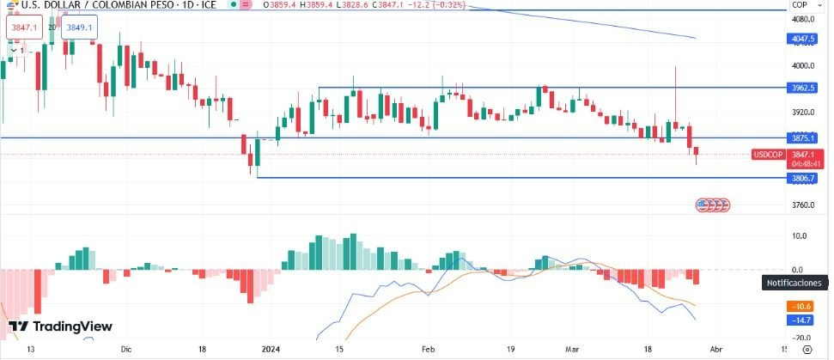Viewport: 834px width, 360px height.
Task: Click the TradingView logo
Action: (60, 326)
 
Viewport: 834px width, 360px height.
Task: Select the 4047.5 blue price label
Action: (804, 40)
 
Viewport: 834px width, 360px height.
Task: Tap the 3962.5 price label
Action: (804, 88)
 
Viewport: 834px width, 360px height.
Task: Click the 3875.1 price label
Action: (804, 137)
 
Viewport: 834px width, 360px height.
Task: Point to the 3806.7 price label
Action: (804, 178)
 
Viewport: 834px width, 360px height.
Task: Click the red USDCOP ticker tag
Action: (767, 155)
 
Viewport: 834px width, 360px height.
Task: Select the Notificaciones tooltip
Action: (793, 283)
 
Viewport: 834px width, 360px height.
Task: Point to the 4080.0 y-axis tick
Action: (802, 19)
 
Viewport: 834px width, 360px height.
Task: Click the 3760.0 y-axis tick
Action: (802, 205)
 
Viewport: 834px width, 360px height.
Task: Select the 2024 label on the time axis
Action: (271, 350)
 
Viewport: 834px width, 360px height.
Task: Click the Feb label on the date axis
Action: (429, 350)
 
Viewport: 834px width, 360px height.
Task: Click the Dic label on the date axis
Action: (126, 350)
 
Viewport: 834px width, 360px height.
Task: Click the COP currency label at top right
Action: (800, 5)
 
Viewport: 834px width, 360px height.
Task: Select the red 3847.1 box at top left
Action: (23, 27)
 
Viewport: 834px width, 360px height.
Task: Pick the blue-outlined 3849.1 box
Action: (79, 27)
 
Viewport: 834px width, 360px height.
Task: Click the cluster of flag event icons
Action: (712, 205)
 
